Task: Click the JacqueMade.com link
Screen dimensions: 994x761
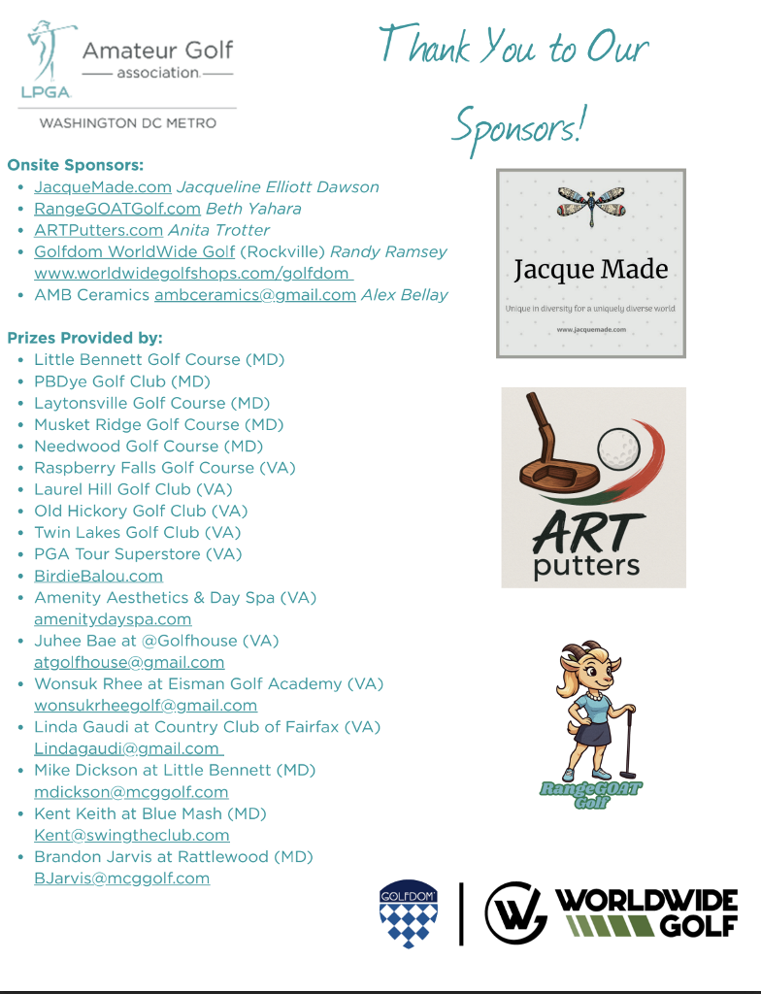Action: click(103, 187)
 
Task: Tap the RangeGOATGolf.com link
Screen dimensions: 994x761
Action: click(117, 209)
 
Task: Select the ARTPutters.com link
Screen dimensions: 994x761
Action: click(98, 230)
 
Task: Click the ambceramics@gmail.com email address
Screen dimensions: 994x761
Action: click(255, 295)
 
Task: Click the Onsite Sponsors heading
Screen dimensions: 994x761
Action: click(76, 165)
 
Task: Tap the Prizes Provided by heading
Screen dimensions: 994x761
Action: click(85, 338)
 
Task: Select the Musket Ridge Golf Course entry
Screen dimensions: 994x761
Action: click(158, 424)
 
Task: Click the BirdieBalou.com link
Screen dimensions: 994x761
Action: click(98, 576)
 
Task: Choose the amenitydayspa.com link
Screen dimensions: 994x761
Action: click(113, 619)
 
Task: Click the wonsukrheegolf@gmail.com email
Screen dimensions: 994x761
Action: click(146, 706)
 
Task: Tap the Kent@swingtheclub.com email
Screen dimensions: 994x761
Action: click(132, 835)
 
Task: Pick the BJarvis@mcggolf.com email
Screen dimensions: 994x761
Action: click(122, 878)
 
